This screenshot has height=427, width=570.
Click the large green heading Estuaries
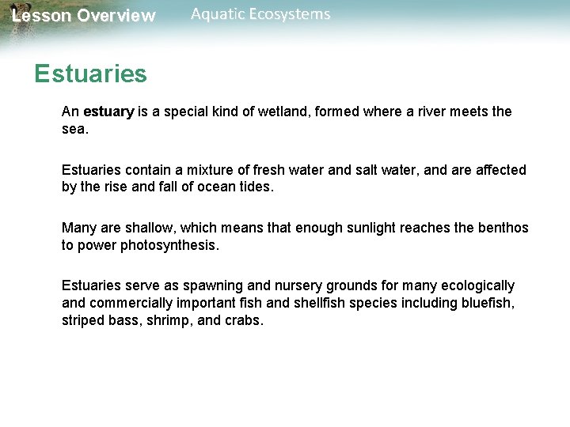tap(90, 74)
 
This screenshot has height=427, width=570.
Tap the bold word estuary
tap(108, 111)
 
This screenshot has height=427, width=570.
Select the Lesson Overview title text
tap(84, 16)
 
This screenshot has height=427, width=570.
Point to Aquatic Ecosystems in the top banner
tap(260, 14)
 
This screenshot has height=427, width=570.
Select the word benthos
tap(503, 229)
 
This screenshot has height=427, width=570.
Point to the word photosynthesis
tap(165, 246)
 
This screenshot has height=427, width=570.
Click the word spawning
tap(218, 285)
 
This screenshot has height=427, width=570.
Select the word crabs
tap(244, 320)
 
